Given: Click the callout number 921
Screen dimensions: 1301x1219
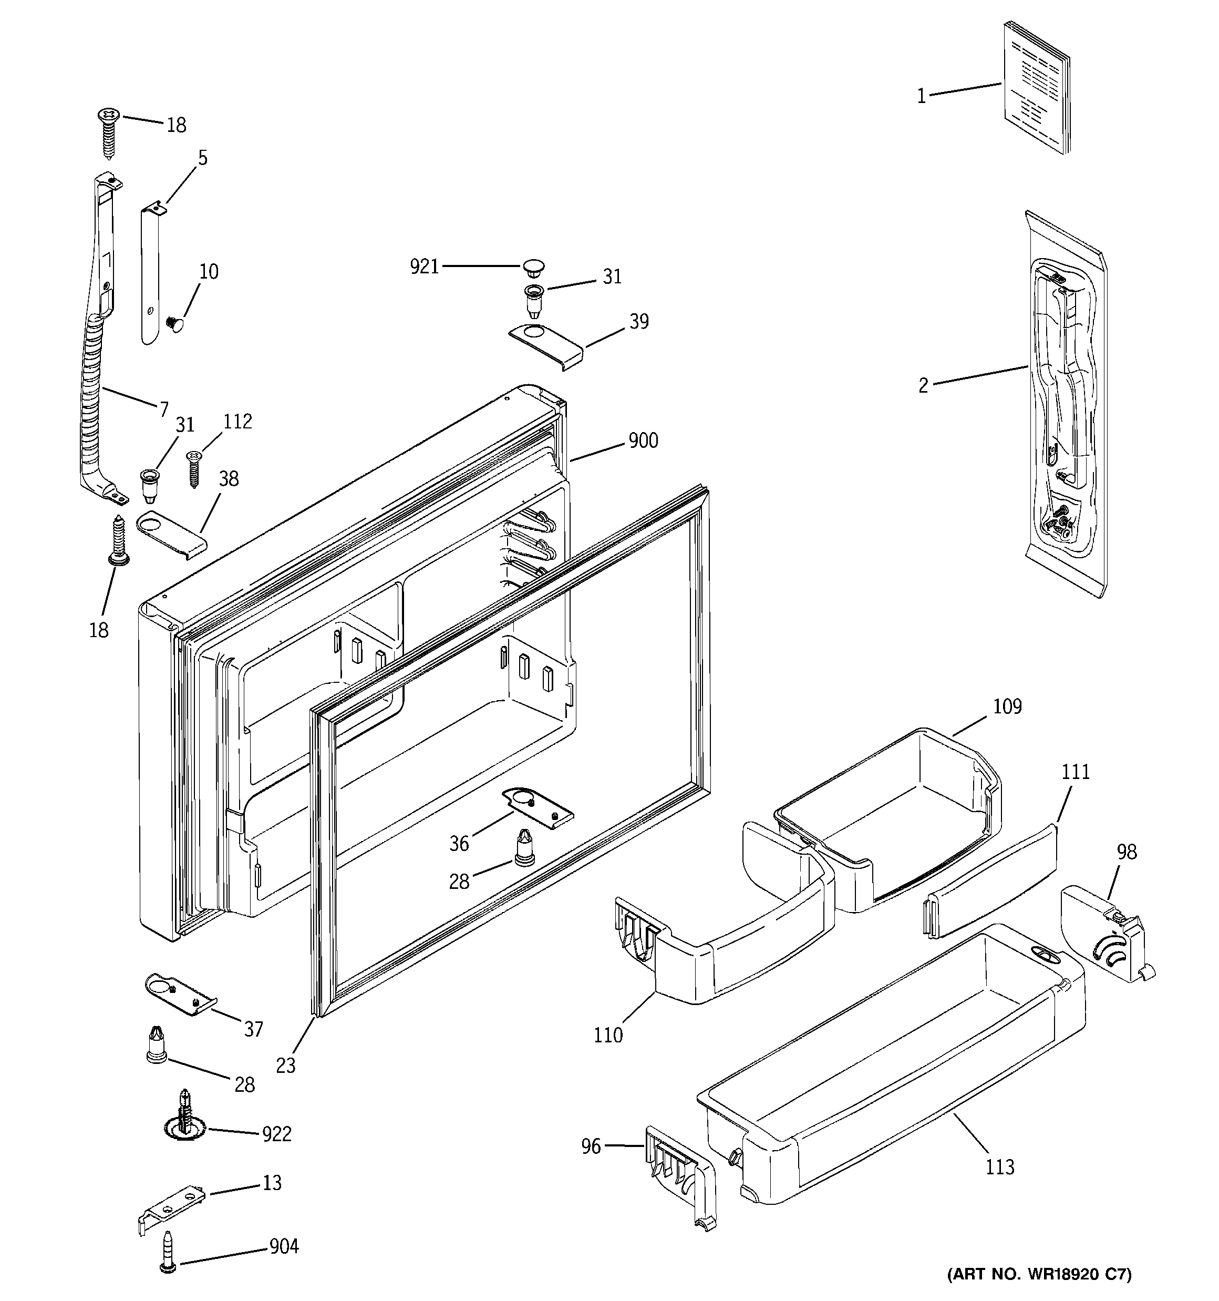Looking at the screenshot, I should coord(424,267).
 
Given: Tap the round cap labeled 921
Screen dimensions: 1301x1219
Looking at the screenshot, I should coord(534,267).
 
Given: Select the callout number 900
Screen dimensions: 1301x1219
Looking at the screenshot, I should coord(643,441).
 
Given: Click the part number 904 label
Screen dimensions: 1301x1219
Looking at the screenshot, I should coord(284,1247).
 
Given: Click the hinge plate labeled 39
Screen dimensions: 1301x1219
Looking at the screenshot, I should coord(546,344).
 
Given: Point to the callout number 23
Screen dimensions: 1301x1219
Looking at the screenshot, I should coord(285,1066).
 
